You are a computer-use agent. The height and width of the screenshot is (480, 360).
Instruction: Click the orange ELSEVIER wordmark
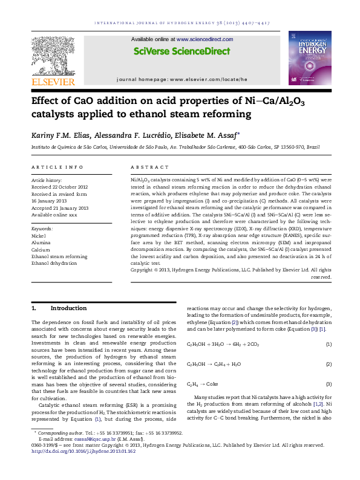53,82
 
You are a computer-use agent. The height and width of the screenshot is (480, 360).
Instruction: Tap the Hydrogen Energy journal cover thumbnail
310,57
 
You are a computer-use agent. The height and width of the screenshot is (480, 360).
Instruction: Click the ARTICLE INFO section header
57,167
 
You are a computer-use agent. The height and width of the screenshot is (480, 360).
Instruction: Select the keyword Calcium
41,250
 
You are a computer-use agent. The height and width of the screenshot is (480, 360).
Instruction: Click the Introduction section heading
68,308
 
